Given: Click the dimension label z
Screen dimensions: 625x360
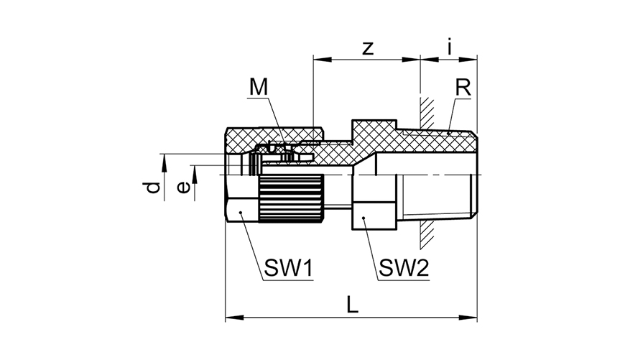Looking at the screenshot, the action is [x=369, y=49].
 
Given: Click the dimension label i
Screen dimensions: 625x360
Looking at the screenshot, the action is [x=450, y=46].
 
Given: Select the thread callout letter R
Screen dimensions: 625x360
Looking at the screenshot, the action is [x=463, y=88].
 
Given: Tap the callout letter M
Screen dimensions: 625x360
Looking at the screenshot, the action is [x=259, y=87].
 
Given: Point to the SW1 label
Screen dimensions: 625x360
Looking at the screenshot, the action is [x=289, y=267].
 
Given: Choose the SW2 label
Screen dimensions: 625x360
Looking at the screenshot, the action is [x=404, y=267].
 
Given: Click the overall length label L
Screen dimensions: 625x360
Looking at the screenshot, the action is [x=352, y=305].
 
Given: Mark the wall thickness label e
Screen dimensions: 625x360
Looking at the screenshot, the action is [x=183, y=188].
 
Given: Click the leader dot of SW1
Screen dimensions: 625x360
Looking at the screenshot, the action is [x=241, y=213].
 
